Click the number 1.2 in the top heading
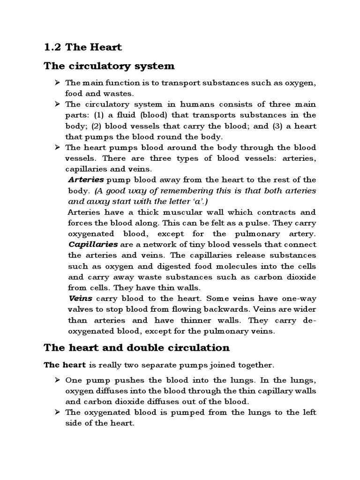[52, 47]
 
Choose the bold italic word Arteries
[86, 180]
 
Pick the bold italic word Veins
[80, 299]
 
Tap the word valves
[79, 309]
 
